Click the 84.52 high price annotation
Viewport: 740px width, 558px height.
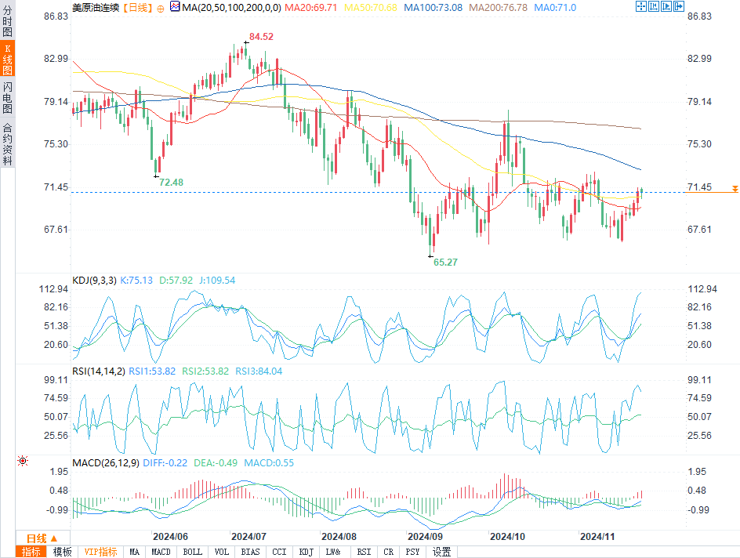(x=261, y=37)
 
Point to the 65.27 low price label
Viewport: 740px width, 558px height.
(x=444, y=263)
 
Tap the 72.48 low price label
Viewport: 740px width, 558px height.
(x=171, y=182)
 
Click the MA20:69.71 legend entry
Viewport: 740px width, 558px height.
(x=310, y=7)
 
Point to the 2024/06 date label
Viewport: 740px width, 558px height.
(x=170, y=537)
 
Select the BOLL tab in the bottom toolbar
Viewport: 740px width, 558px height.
(x=192, y=552)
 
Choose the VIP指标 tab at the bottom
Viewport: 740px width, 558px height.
(x=100, y=552)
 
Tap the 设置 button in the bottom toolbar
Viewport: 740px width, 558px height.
(x=441, y=552)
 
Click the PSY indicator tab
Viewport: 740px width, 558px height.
(x=412, y=552)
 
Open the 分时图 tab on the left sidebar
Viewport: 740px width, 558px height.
(x=7, y=26)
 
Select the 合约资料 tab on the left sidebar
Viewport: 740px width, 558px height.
(x=7, y=144)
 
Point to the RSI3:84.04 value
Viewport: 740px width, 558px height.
(x=259, y=371)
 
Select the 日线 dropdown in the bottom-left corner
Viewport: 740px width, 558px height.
(x=42, y=538)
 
